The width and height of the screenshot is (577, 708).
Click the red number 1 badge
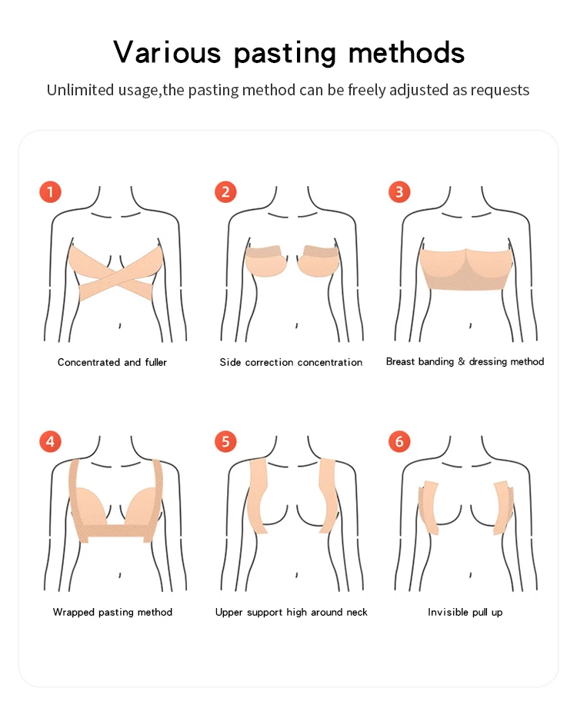49,191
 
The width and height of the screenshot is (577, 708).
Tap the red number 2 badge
225,191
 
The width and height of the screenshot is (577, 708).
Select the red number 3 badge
399,191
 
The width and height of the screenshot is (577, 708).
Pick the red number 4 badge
49,442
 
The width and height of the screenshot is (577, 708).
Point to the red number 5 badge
225,442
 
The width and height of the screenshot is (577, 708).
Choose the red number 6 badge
399,442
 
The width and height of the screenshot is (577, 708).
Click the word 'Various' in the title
167,52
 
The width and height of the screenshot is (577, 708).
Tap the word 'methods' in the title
406,52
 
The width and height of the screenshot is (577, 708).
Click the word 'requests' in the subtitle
499,90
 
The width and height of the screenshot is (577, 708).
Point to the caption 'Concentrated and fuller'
112,362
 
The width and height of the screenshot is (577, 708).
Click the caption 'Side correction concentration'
291,362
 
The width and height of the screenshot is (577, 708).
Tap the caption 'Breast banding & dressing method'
465,361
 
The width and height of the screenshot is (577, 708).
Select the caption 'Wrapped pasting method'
112,612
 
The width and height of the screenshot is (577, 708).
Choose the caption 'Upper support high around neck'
291,612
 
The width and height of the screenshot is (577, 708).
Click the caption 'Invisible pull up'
465,612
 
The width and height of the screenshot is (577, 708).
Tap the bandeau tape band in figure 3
465,271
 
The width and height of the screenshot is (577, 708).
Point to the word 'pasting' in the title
285,54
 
